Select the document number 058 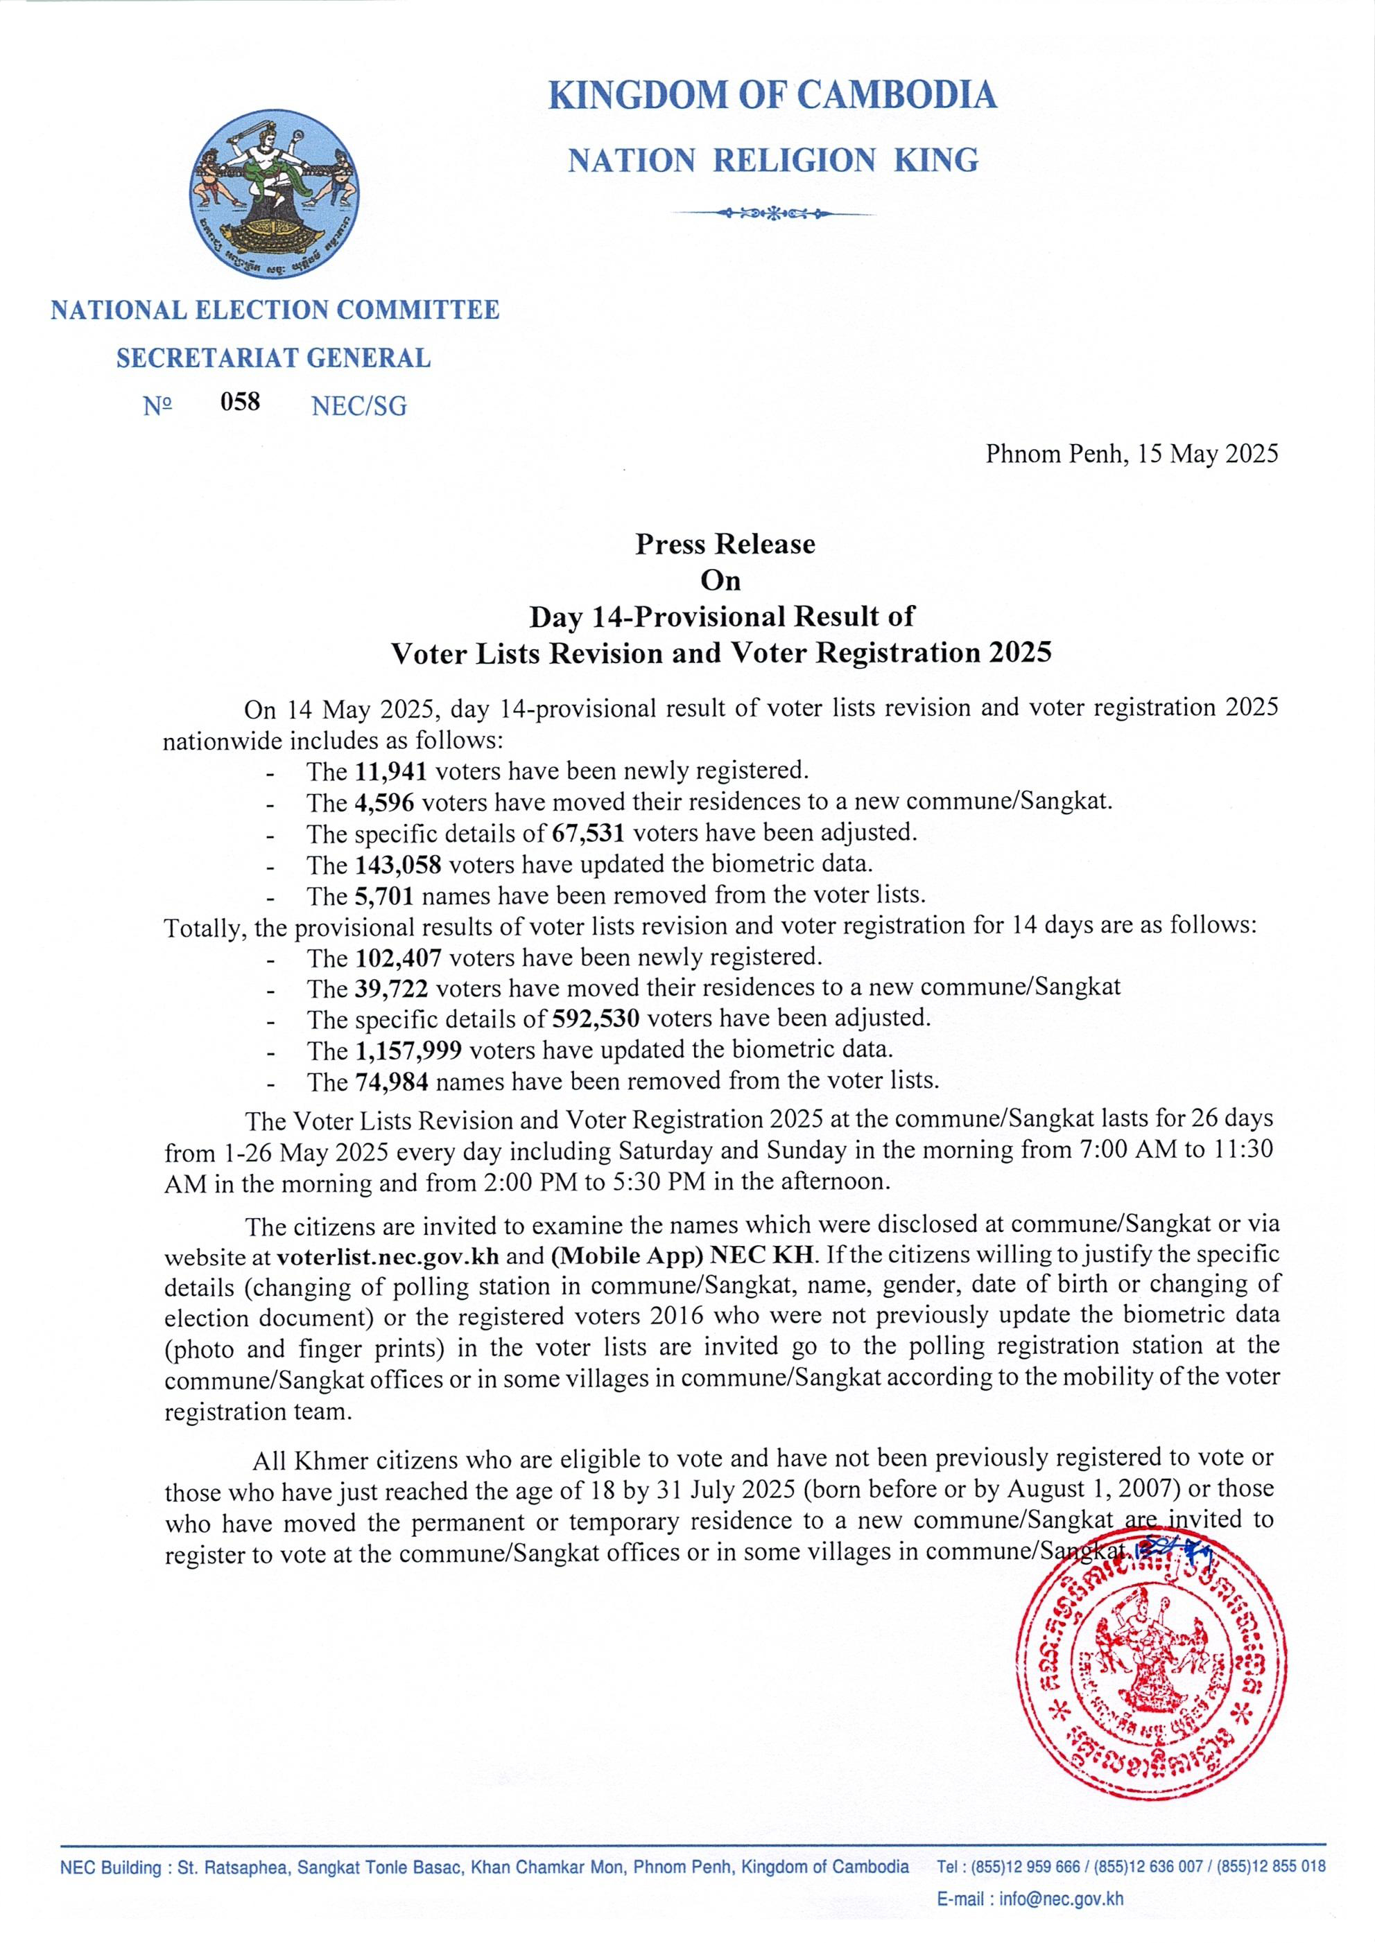(x=241, y=401)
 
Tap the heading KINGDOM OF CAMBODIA (x=772, y=95)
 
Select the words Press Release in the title (x=725, y=543)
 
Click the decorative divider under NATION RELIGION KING (x=773, y=213)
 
